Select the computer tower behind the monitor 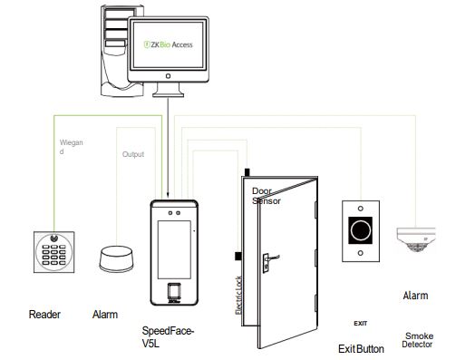pyautogui.click(x=112, y=50)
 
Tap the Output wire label pyautogui.click(x=133, y=155)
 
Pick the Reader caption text pyautogui.click(x=44, y=315)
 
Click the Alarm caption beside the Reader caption pyautogui.click(x=105, y=315)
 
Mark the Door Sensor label pyautogui.click(x=266, y=197)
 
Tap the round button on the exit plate pyautogui.click(x=362, y=229)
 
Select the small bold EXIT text pyautogui.click(x=360, y=323)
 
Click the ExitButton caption pyautogui.click(x=361, y=348)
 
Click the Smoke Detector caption pyautogui.click(x=418, y=340)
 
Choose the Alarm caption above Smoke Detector pyautogui.click(x=415, y=296)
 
